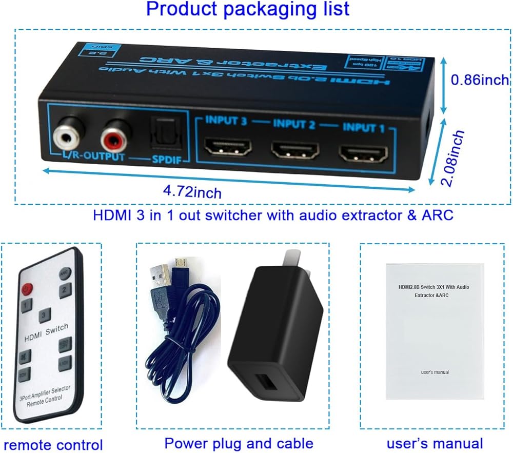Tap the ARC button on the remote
pyautogui.click(x=65, y=273)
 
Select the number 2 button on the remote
pyautogui.click(x=64, y=290)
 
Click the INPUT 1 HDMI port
pyautogui.click(x=362, y=152)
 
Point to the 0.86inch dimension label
pyautogui.click(x=480, y=80)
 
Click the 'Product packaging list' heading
pyautogui.click(x=248, y=10)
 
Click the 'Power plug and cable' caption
pyautogui.click(x=239, y=443)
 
